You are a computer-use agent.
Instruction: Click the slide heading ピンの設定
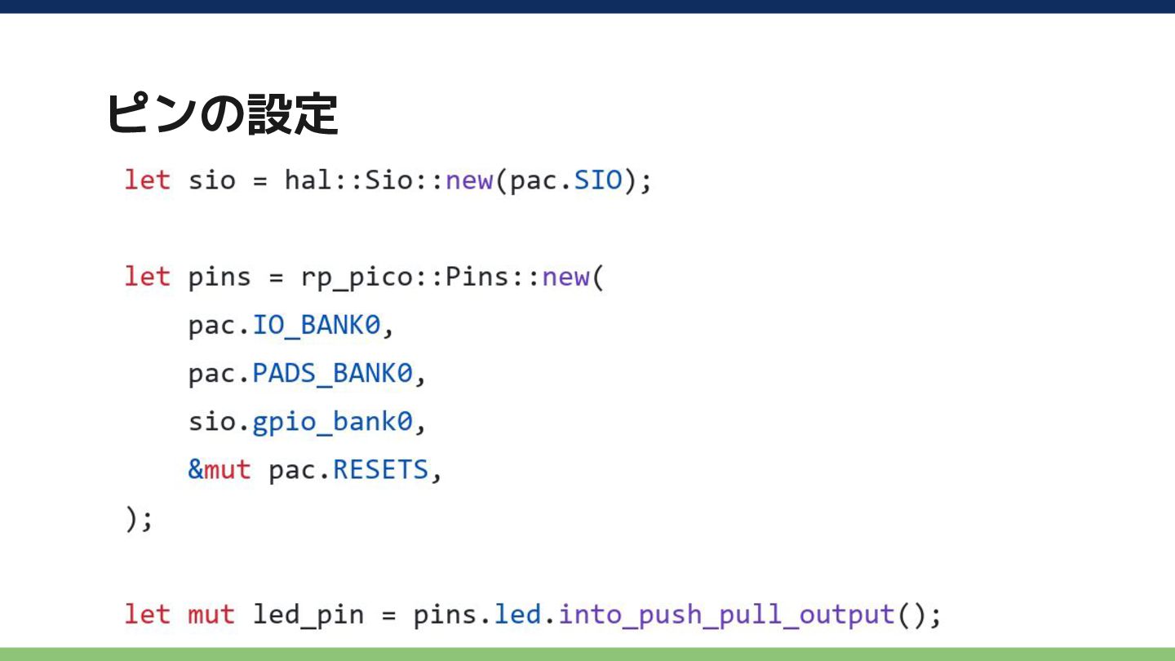click(x=223, y=114)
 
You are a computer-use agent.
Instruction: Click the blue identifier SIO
click(x=598, y=180)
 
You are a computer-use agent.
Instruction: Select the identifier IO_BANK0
click(x=317, y=326)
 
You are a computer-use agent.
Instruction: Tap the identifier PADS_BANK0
click(x=333, y=374)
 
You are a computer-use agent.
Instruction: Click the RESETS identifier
click(x=381, y=469)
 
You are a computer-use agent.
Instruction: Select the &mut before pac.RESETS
click(x=219, y=469)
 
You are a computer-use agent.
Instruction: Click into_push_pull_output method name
click(x=726, y=615)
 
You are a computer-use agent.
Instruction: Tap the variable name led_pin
click(x=308, y=615)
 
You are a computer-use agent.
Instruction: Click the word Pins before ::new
click(x=477, y=277)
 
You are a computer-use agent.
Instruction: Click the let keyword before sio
click(x=148, y=180)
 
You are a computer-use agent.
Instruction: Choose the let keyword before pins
click(x=148, y=277)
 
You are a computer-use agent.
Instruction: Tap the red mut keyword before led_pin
click(x=211, y=614)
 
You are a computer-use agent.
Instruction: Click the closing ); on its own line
click(x=139, y=519)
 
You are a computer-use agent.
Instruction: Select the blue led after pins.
click(x=517, y=614)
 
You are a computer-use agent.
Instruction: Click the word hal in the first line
click(x=308, y=180)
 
